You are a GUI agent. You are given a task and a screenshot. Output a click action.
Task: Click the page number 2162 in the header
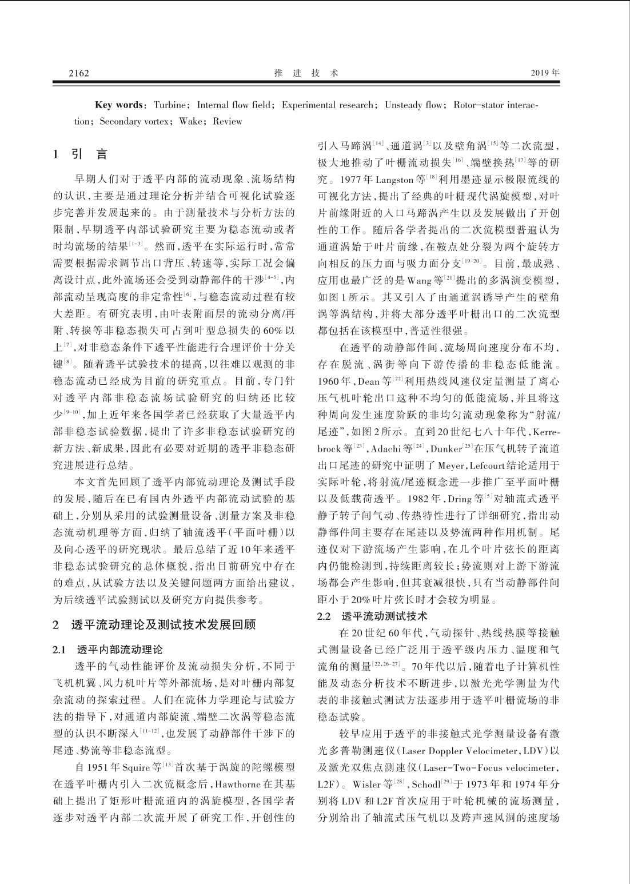pos(79,73)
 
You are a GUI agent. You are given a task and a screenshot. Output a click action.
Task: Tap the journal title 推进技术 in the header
pos(306,73)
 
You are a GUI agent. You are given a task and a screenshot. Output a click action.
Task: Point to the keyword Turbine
pos(170,105)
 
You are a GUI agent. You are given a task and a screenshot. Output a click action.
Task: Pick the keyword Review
pos(228,121)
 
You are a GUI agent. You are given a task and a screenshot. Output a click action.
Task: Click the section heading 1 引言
pos(80,154)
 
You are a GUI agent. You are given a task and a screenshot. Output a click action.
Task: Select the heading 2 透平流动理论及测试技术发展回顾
pos(154,624)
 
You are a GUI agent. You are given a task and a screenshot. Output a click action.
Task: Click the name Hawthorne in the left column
pos(219,783)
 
